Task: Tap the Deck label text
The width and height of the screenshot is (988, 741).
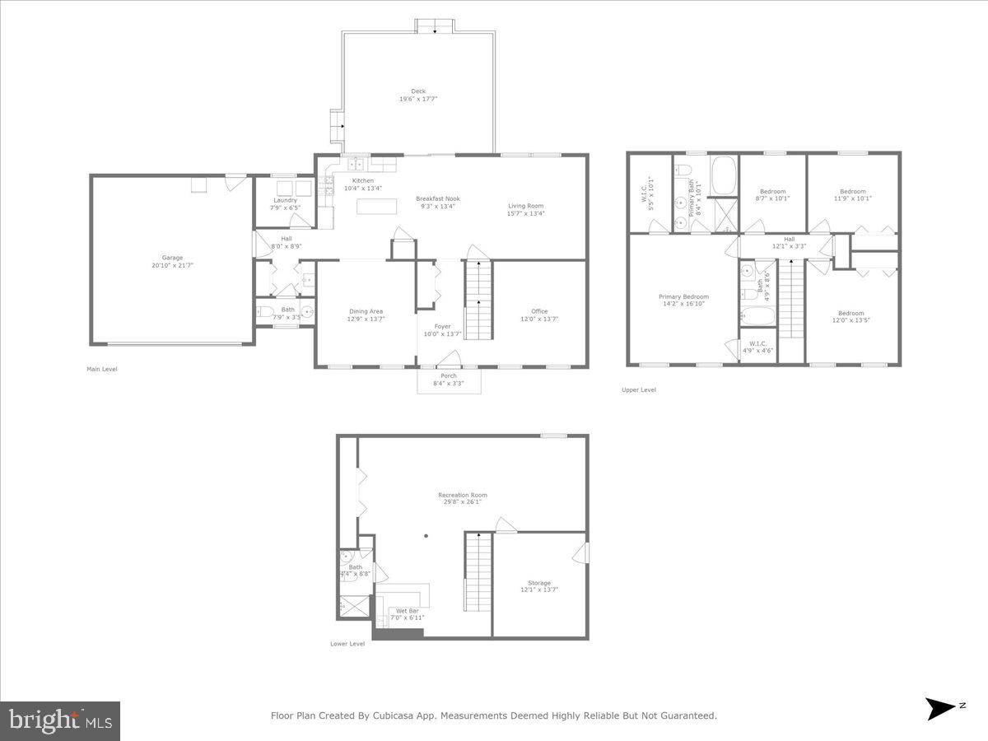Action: click(418, 91)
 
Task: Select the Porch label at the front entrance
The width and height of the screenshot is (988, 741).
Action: click(449, 376)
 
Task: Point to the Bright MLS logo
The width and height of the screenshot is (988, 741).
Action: click(60, 720)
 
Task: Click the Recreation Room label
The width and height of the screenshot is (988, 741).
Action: click(462, 496)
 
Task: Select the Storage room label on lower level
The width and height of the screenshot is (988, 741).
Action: click(539, 583)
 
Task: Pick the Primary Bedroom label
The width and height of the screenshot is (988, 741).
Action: click(683, 297)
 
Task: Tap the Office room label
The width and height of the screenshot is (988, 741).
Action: click(539, 311)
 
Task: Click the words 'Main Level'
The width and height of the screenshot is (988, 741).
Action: click(102, 369)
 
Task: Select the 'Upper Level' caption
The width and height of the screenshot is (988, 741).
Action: click(638, 389)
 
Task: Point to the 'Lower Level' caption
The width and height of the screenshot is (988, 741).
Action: click(347, 644)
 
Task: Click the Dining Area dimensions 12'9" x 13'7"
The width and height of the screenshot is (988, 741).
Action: click(366, 319)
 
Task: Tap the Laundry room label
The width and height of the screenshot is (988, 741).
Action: click(286, 200)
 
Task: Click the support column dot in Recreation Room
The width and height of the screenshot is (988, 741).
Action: click(426, 536)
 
